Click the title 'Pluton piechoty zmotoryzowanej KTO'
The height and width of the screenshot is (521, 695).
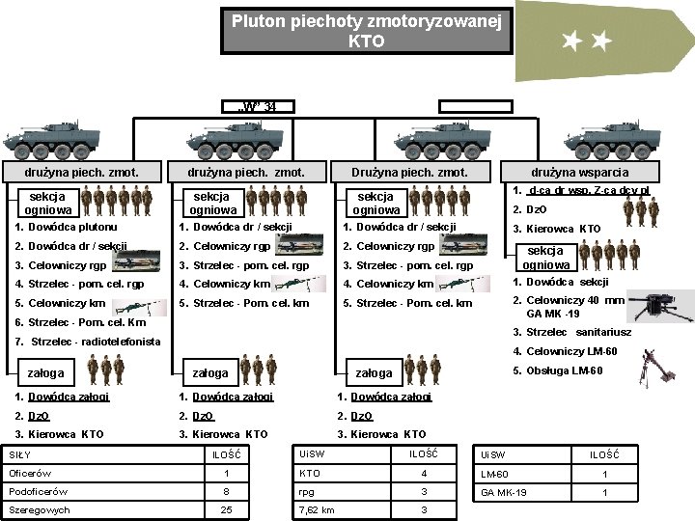pos(367,30)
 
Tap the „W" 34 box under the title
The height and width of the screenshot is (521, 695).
pos(257,106)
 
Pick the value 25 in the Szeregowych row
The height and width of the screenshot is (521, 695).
pos(226,509)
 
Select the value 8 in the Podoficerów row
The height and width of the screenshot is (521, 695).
pos(226,491)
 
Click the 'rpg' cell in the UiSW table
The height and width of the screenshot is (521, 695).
pos(308,491)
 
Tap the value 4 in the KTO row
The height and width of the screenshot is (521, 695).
pos(422,473)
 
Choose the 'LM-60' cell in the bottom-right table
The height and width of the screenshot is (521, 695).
pos(494,474)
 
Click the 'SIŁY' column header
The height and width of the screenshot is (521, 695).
pos(20,454)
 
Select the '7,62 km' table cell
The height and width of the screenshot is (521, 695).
pos(318,509)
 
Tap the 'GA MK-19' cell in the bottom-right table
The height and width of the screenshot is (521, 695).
pos(502,492)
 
